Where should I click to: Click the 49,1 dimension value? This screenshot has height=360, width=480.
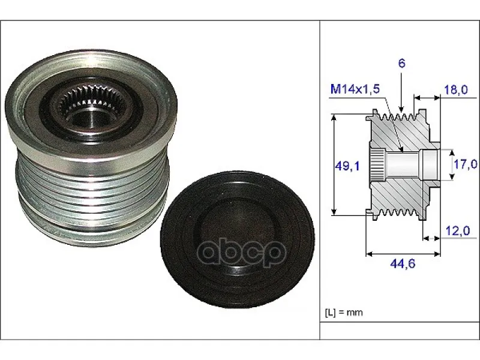(x=347, y=166)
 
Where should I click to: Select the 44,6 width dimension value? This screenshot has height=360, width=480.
(x=403, y=263)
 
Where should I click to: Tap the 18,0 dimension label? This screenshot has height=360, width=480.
(x=455, y=89)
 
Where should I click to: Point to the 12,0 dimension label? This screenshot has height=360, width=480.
(x=457, y=231)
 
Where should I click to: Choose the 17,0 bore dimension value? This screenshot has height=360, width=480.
(x=466, y=164)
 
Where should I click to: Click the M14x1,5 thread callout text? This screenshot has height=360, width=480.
(x=355, y=89)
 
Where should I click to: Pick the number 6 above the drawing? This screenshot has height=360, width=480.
(x=401, y=64)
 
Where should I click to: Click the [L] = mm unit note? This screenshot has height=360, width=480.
(x=344, y=313)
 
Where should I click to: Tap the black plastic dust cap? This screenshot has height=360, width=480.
(x=237, y=239)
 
